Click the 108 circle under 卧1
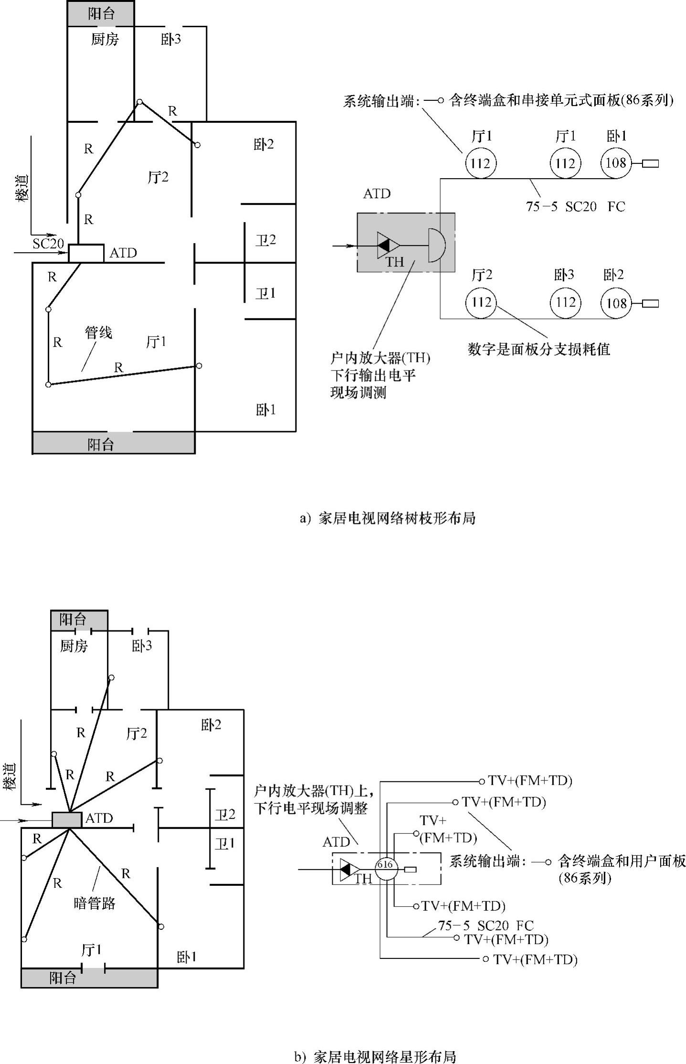coord(616,163)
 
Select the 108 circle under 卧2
coord(616,303)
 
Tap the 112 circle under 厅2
coord(481,302)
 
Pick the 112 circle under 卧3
coord(565,302)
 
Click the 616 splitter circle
coord(385,865)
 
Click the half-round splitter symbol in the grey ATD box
coord(436,245)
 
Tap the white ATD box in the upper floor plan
coord(86,253)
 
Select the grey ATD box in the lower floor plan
coord(67,819)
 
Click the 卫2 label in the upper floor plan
coord(265,240)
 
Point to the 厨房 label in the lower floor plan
coord(74,646)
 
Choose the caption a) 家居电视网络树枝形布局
coord(387,518)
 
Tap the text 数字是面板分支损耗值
coord(539,349)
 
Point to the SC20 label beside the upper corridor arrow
coord(48,244)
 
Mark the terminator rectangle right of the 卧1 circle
coord(650,164)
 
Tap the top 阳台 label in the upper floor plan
coord(101,13)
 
